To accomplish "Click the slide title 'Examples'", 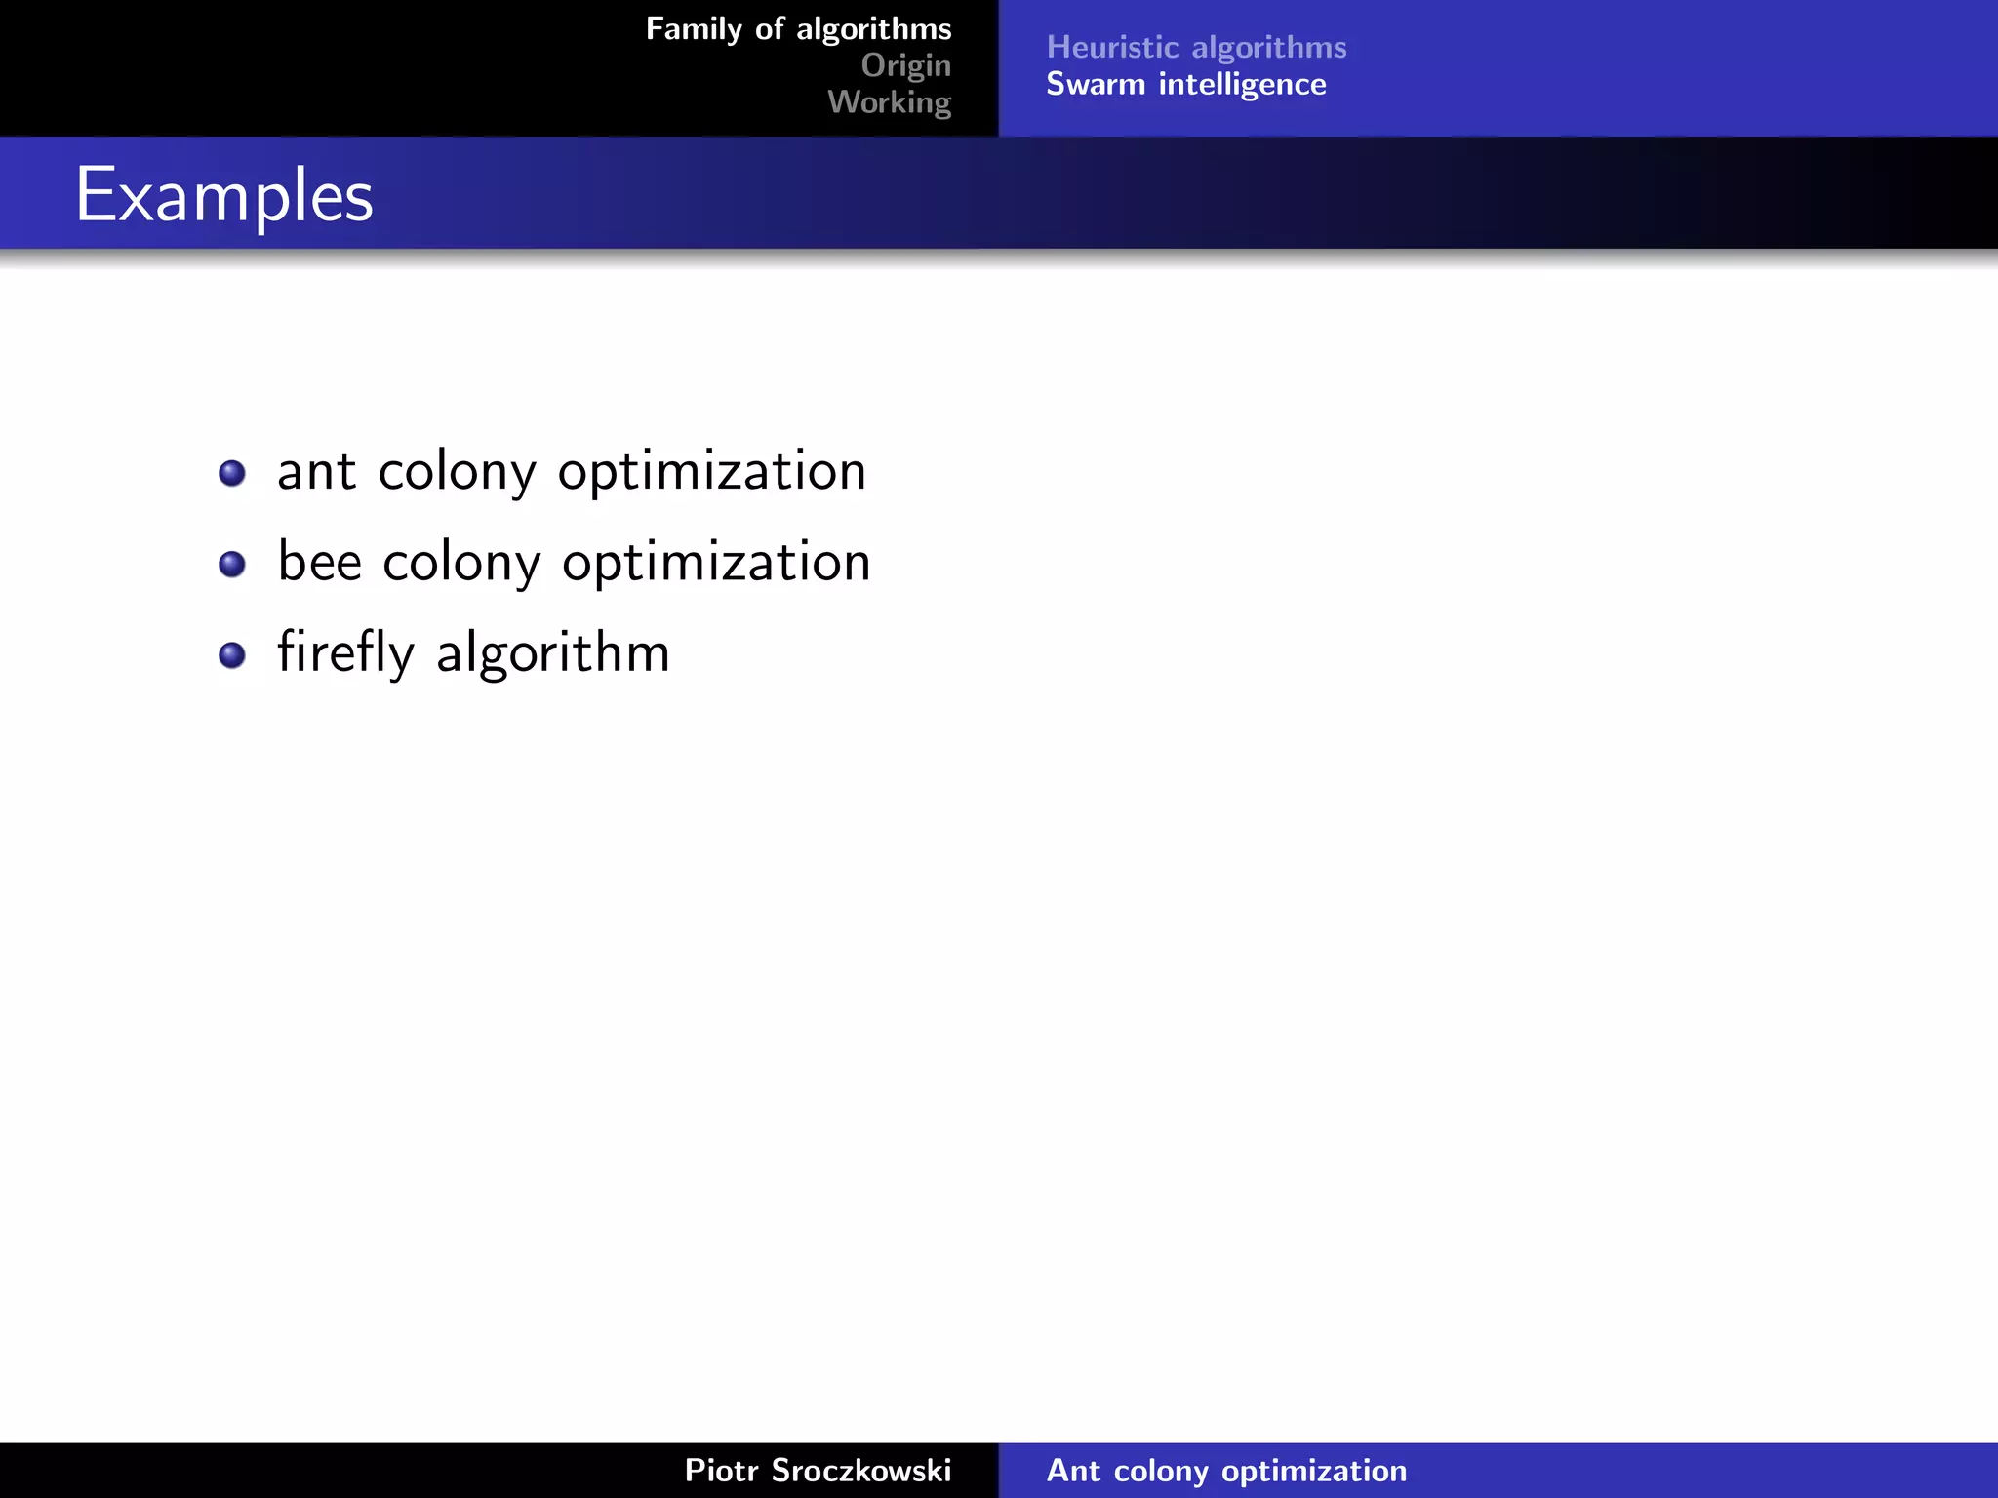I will [x=224, y=195].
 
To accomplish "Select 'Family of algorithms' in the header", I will [x=798, y=29].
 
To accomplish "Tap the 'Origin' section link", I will [x=905, y=65].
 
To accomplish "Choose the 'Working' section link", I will [x=889, y=101].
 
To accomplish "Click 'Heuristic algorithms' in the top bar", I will [x=1196, y=47].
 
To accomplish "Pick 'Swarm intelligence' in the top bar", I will [x=1185, y=84].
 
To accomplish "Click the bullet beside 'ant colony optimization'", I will [x=232, y=473].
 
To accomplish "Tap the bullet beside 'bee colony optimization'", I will [x=232, y=564].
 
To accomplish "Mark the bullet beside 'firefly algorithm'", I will [x=232, y=654].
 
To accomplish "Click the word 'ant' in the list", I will [x=316, y=472].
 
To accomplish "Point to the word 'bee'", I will [x=319, y=562].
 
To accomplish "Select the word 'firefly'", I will [x=345, y=652].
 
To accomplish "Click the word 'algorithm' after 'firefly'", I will [x=553, y=652].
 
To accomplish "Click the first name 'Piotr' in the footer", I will [x=721, y=1470].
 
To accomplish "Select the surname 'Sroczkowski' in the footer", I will [x=860, y=1470].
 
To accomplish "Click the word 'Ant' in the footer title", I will [x=1073, y=1470].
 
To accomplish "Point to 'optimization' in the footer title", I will [x=1314, y=1471].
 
